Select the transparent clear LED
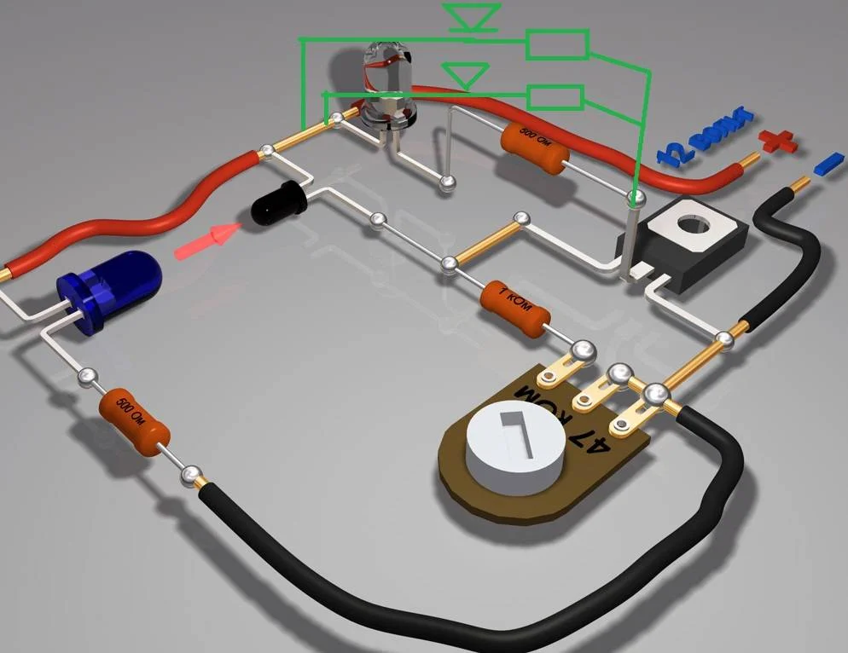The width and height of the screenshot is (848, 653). coord(386,85)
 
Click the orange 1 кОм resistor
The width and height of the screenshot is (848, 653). coord(514,307)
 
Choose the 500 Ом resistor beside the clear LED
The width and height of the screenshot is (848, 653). coord(534,146)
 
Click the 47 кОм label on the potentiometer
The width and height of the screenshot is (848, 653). coord(564,417)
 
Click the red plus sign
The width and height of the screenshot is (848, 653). coord(777,142)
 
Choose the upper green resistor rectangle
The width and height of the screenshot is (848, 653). coord(557,44)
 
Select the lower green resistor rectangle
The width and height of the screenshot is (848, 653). coord(555,97)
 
